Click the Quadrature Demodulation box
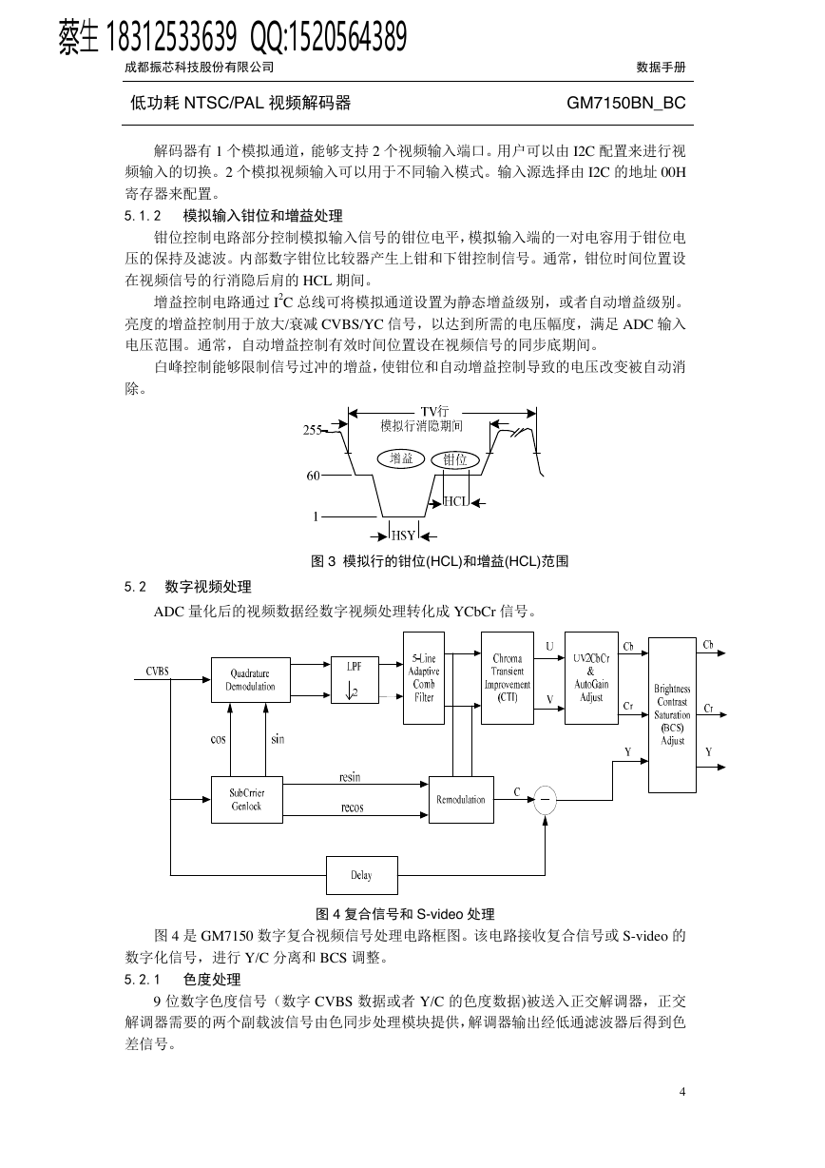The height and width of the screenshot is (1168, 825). coord(250,680)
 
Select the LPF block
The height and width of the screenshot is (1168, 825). coord(355,680)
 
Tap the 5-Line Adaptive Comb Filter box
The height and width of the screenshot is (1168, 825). coord(424,678)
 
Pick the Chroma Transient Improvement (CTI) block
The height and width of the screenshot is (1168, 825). coord(508,678)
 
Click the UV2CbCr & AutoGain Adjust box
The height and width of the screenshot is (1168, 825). coord(591,678)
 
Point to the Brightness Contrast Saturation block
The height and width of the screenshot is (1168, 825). coord(672,715)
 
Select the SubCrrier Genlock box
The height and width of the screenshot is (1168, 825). coord(247,800)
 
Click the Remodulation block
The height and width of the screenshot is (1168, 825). coord(461,800)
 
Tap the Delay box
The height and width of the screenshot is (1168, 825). coord(362,875)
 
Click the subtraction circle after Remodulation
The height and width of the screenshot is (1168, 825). coord(546,800)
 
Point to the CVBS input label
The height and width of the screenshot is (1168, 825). coord(158,672)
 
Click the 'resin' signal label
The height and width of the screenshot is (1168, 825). coord(350,777)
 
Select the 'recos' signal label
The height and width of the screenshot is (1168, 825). coord(353,808)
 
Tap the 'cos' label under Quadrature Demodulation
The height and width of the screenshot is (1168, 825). coord(218,739)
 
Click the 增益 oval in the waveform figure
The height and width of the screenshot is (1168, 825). coord(401,458)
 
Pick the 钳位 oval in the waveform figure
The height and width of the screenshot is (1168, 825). coord(455,459)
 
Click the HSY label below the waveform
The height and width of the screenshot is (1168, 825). coord(403,535)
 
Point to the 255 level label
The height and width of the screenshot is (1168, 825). coord(312,430)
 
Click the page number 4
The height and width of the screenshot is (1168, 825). coord(682,1091)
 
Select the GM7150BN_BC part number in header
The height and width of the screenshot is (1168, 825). coord(626,103)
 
